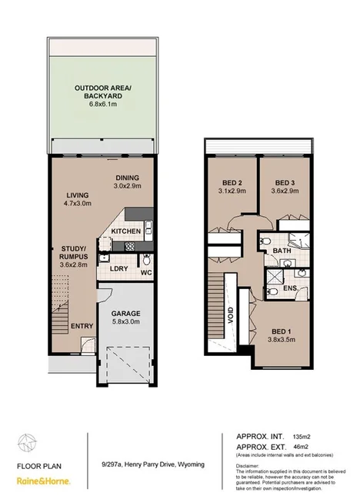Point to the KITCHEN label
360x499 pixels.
pyautogui.click(x=125, y=231)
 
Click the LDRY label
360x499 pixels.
pyautogui.click(x=118, y=268)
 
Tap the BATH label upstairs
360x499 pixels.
pyautogui.click(x=282, y=250)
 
